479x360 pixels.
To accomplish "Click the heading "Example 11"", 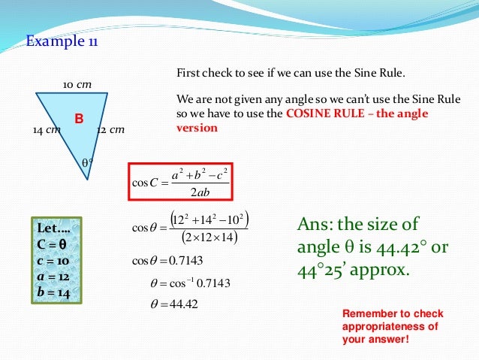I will coord(62,41).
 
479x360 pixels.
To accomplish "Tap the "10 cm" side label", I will coord(77,84).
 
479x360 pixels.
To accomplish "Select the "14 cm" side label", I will coord(46,130).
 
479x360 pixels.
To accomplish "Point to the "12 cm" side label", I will coord(110,130).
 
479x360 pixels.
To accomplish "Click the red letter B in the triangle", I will coord(77,119).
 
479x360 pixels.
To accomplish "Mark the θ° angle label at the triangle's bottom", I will coord(86,162).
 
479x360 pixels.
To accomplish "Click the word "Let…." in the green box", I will coord(53,227).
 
